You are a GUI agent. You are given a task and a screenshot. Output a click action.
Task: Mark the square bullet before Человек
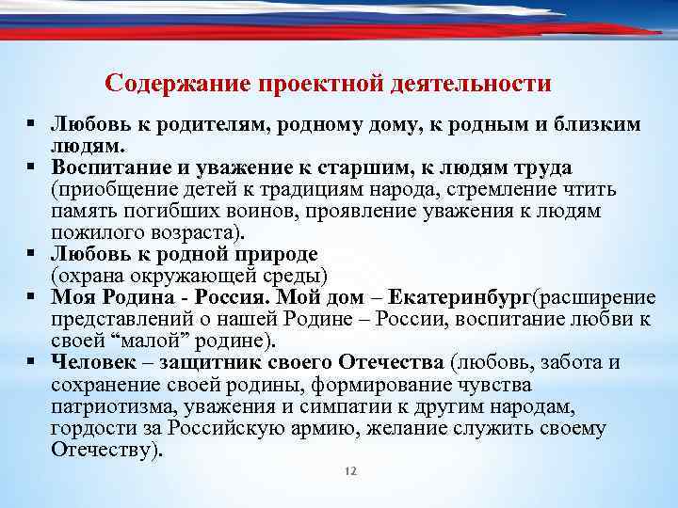coord(32,362)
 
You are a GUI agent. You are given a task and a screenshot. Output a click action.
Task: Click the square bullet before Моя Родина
coord(32,297)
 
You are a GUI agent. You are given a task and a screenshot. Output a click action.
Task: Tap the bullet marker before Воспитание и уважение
coord(32,167)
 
